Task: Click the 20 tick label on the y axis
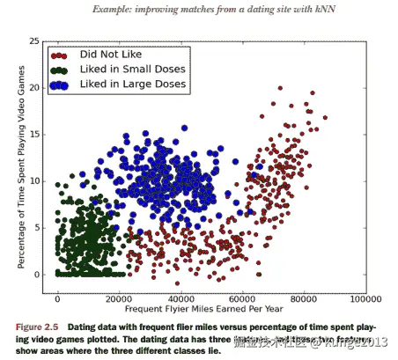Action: pyautogui.click(x=34, y=87)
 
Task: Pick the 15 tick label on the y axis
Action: pyautogui.click(x=34, y=134)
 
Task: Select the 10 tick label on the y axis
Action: pyautogui.click(x=34, y=180)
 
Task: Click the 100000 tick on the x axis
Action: pyautogui.click(x=363, y=299)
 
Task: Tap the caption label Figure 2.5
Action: pyautogui.click(x=39, y=326)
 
